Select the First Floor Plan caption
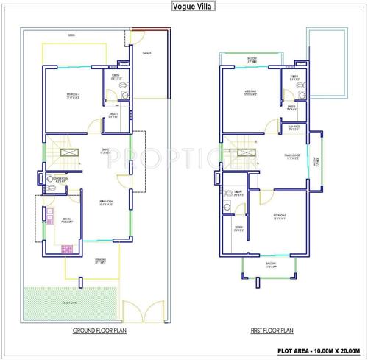click(x=272, y=331)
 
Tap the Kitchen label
click(x=64, y=220)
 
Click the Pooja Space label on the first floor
click(x=294, y=126)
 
